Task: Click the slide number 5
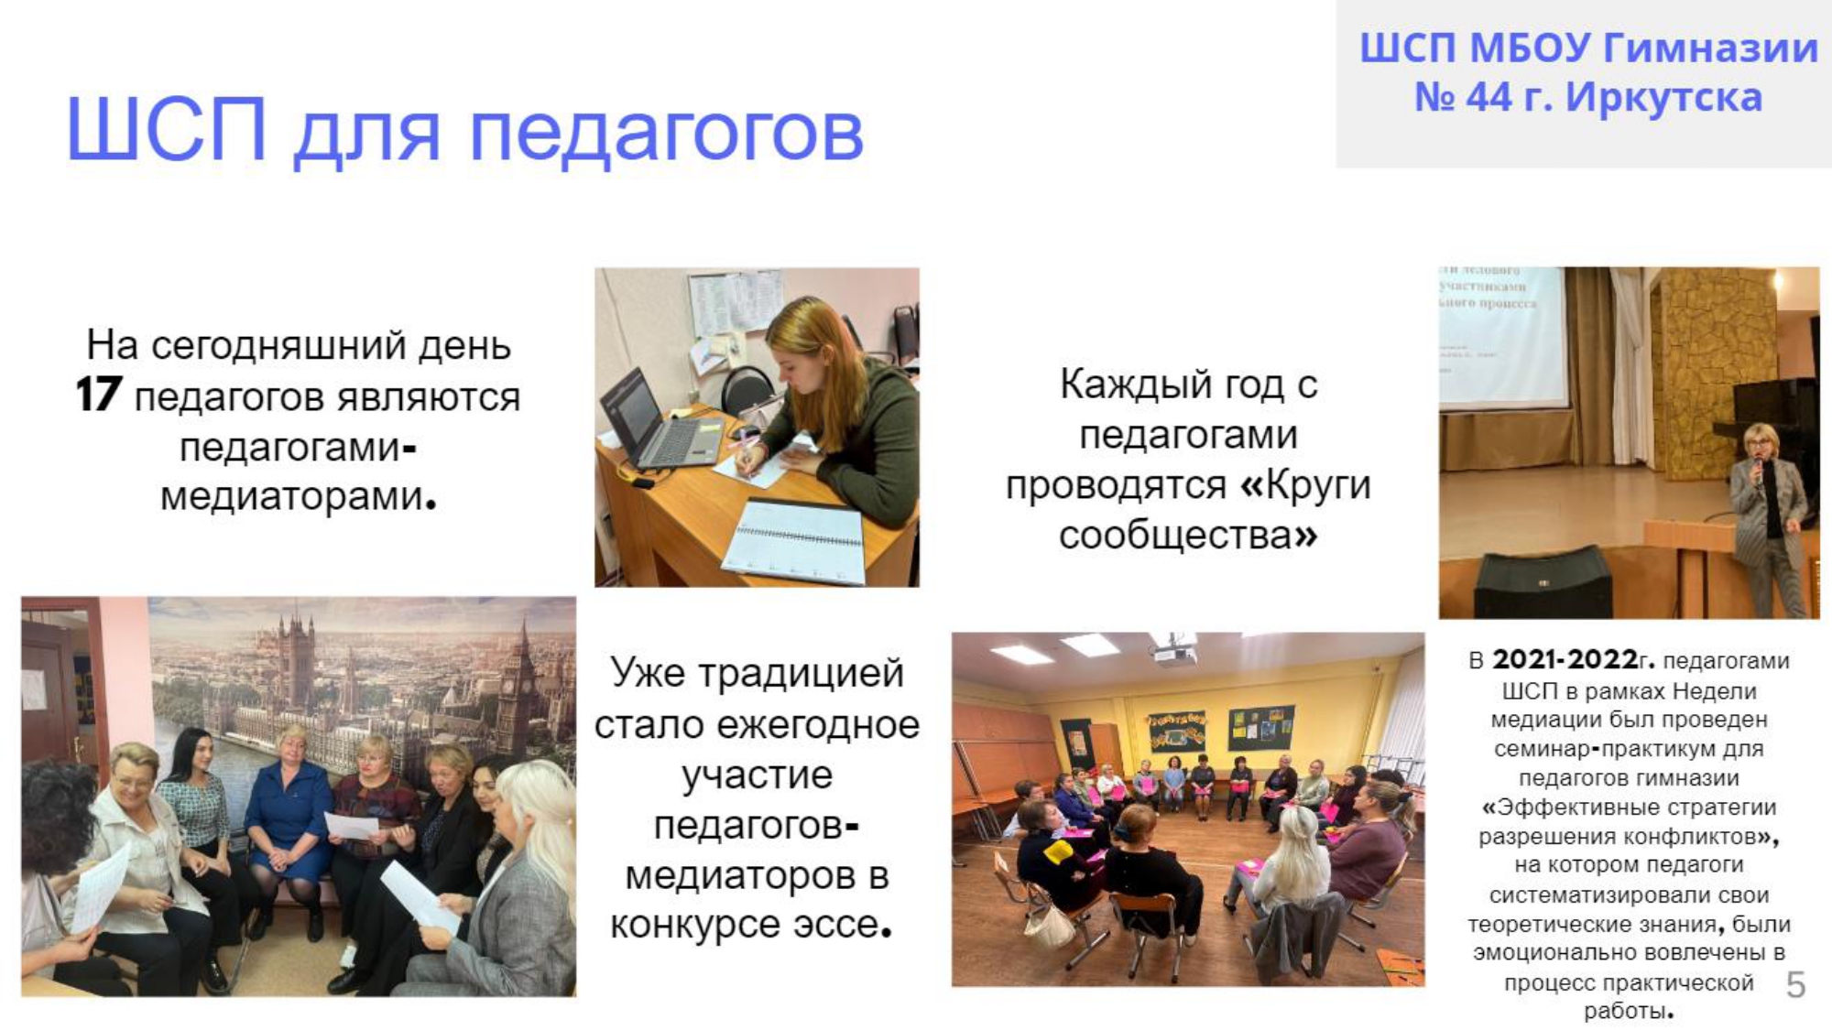[1795, 985]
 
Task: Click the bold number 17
[98, 396]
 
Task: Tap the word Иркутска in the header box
[1663, 97]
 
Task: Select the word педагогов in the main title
[666, 134]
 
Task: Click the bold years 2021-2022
[1565, 659]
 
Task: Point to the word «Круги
[1305, 485]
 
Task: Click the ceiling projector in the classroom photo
[1175, 652]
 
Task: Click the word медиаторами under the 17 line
[293, 497]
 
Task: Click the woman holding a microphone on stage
[1768, 518]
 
